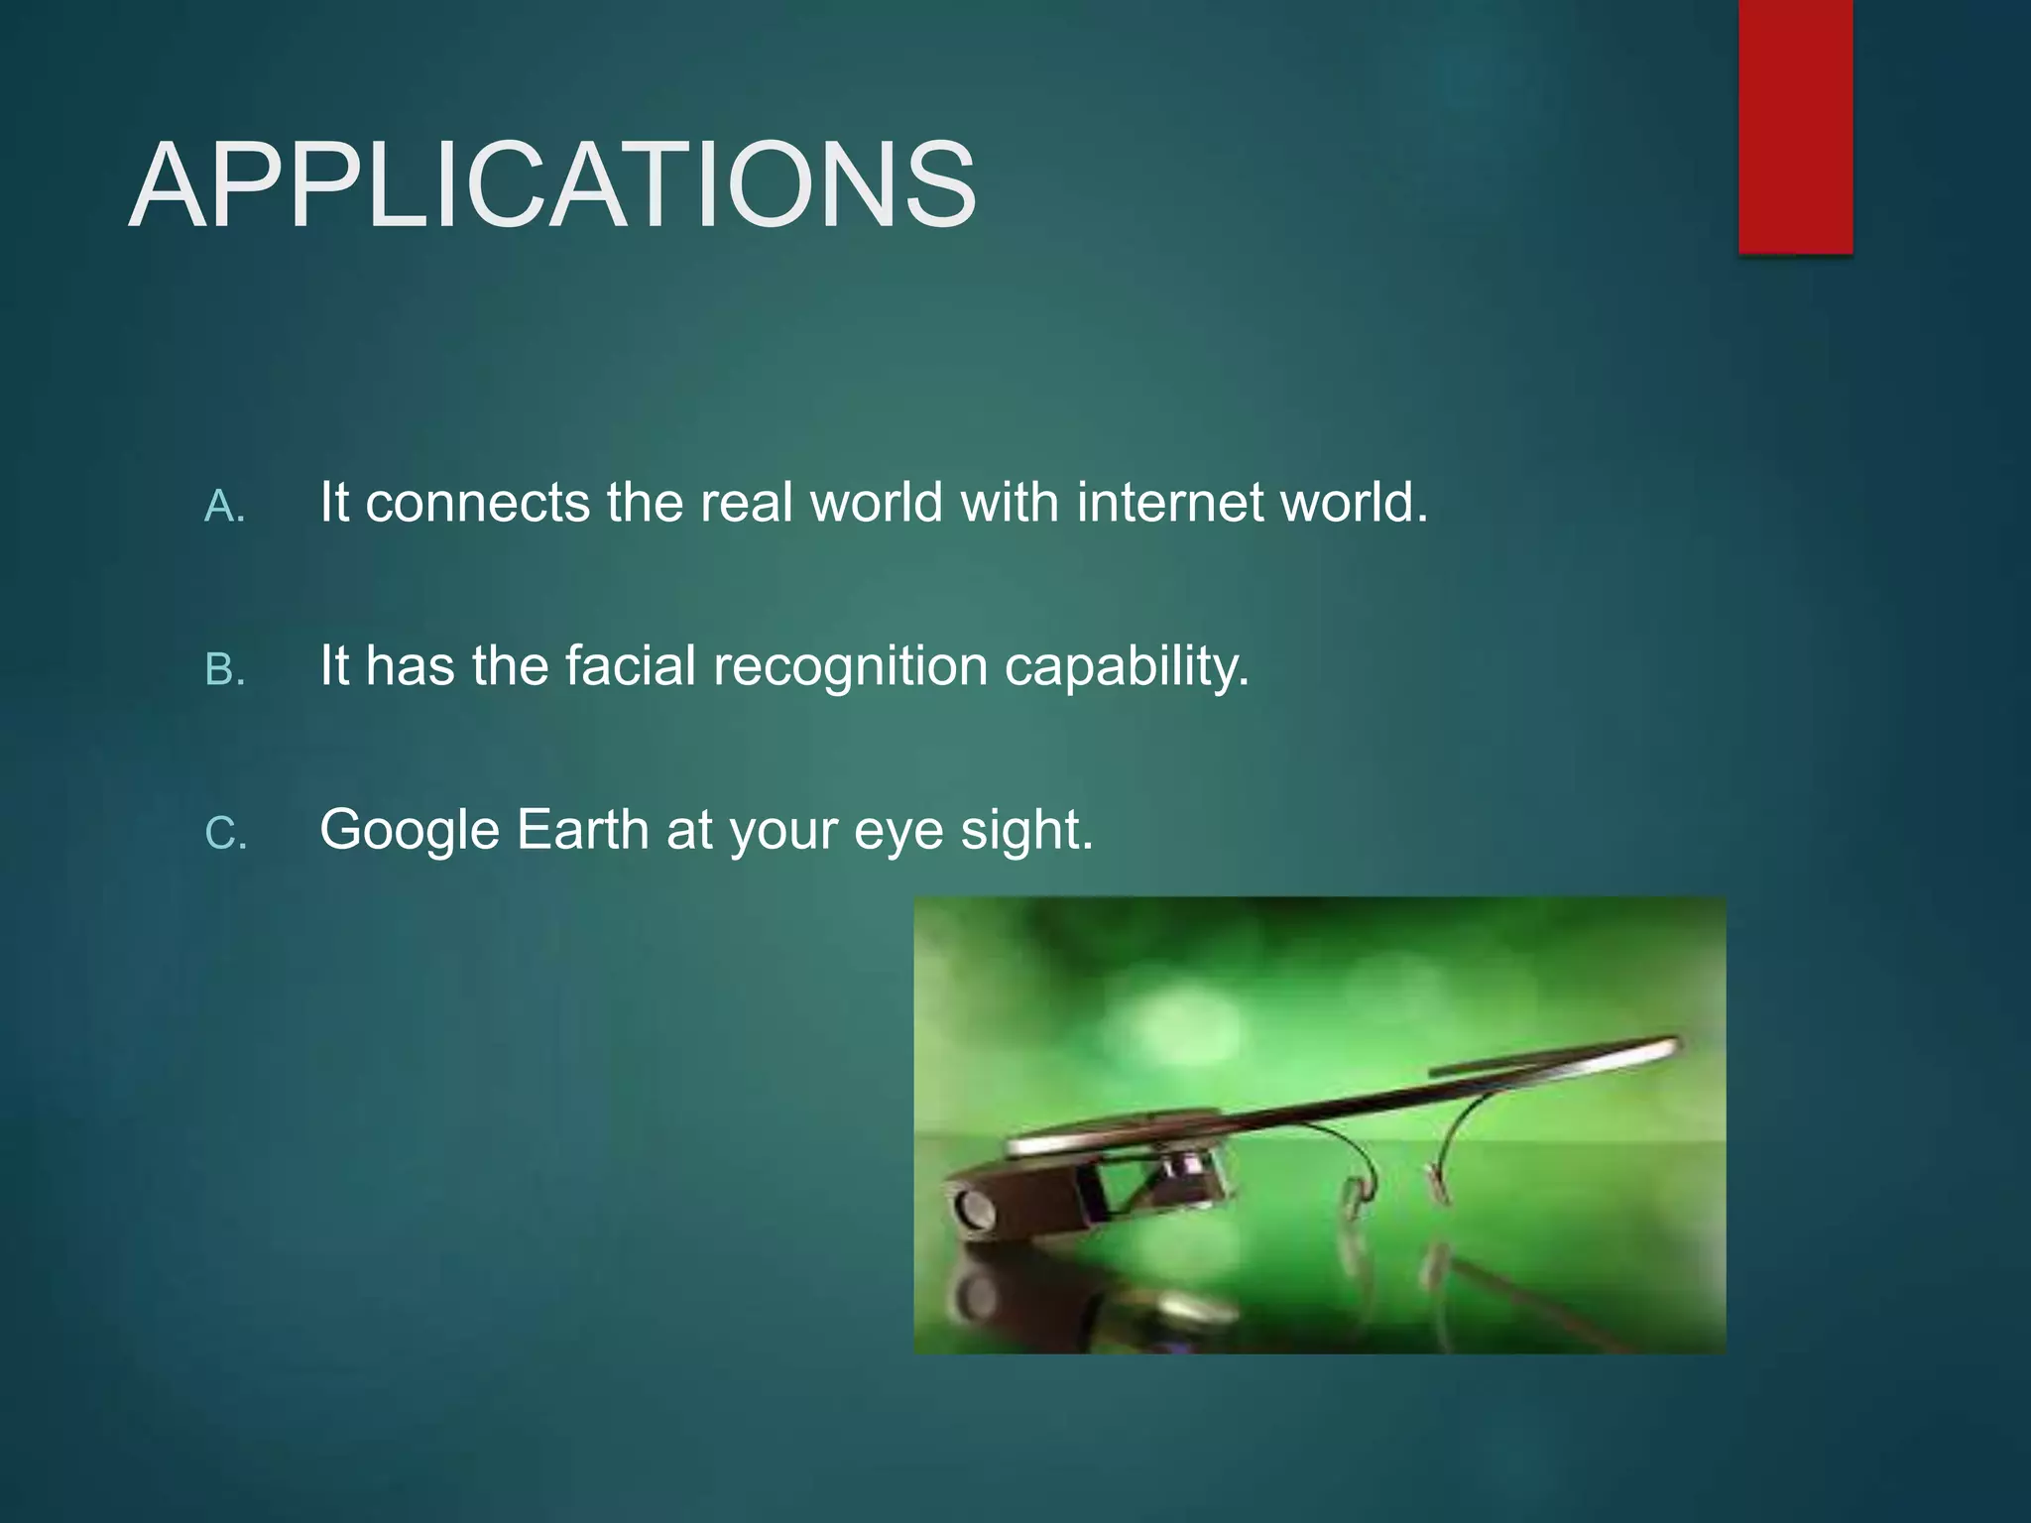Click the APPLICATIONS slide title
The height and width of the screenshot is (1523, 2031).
pos(552,185)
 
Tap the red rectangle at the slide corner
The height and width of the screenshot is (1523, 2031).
pos(1795,126)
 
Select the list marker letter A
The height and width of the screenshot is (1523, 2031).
pos(224,508)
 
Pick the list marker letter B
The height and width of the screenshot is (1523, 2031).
pos(224,670)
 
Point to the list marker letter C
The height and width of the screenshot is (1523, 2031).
pos(225,834)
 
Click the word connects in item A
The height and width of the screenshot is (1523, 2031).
pos(478,503)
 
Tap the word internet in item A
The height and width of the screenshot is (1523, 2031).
pos(1169,503)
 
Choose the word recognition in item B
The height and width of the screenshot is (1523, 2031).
pos(851,667)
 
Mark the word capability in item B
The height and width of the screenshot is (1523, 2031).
pos(1127,667)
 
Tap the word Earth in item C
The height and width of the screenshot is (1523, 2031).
pos(583,829)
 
